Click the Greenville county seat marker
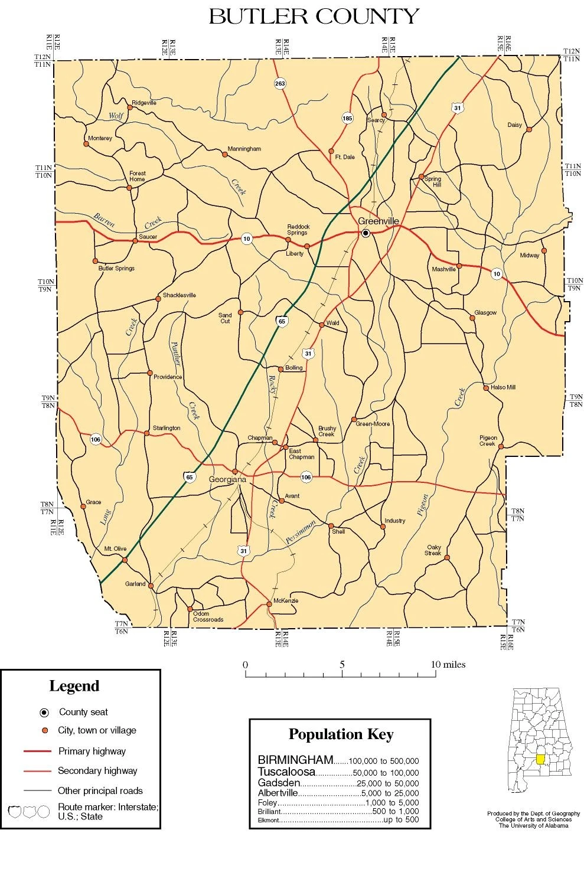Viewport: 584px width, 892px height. [366, 233]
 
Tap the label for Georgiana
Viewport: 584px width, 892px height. [227, 480]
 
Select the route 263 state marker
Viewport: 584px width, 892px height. [280, 83]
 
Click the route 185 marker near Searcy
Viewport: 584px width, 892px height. [347, 118]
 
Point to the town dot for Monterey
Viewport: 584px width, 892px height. [87, 143]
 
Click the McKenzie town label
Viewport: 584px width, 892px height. [286, 601]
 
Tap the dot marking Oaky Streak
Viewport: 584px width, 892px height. [447, 557]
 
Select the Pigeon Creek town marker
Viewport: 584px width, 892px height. [501, 447]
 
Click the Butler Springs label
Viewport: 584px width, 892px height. [116, 269]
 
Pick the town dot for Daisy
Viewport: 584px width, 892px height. [529, 129]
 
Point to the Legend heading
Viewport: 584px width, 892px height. [74, 686]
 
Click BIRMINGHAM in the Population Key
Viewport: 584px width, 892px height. [295, 760]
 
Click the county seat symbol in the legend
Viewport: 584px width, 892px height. [44, 712]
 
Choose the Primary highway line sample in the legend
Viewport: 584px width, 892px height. [37, 751]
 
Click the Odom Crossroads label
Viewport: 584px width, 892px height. [208, 617]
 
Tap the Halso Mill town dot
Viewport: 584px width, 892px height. [486, 388]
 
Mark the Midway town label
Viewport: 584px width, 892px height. [529, 256]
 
